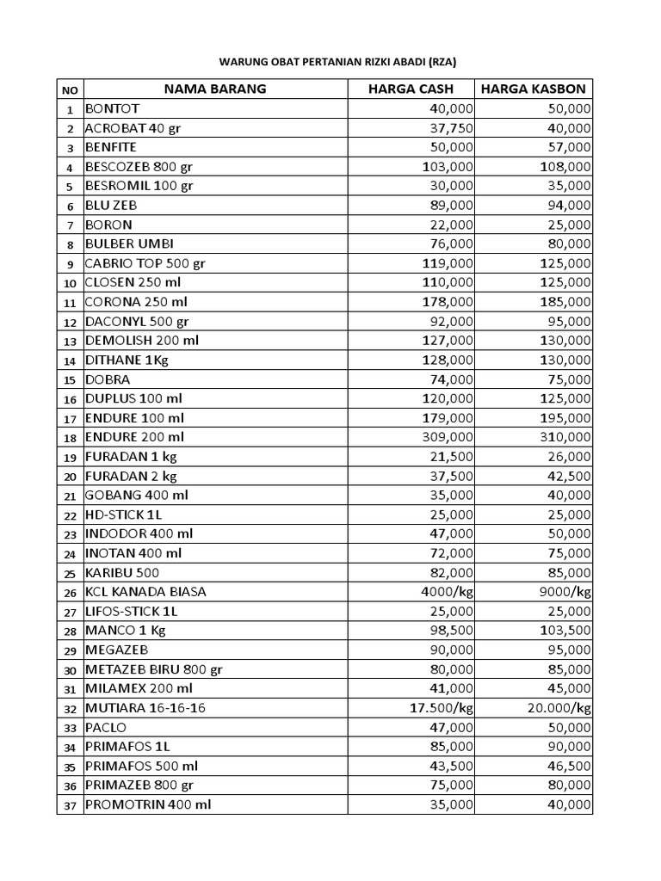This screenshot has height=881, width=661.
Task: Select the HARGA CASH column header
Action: coord(410,89)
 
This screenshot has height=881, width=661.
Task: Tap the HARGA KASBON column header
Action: coord(534,89)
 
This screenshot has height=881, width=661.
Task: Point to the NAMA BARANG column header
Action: coord(215,89)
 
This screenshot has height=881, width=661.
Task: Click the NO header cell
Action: coord(70,89)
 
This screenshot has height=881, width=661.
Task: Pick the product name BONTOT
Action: coord(111,108)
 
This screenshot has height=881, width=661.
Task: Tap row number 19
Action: coord(70,457)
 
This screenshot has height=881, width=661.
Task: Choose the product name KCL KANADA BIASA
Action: coord(145,592)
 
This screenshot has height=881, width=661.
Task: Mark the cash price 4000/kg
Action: coord(447,592)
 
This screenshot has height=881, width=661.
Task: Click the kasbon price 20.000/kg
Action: coord(559,708)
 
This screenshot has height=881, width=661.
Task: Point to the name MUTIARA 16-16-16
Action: coord(145,708)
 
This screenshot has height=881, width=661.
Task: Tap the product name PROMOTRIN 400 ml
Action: coord(148,804)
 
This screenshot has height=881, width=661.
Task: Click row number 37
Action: coord(70,805)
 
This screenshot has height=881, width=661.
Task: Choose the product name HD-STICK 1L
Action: coord(123,514)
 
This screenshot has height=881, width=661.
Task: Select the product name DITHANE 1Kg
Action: coord(127,360)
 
